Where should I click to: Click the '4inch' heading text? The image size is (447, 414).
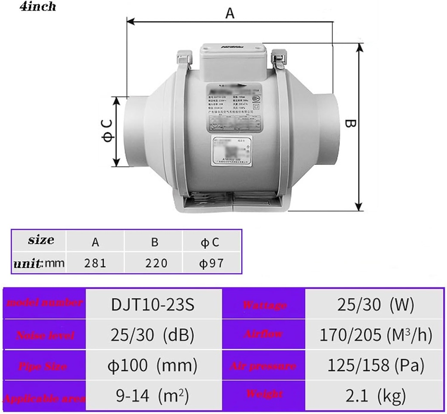point(38,7)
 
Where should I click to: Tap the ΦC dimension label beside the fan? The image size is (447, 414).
point(108,131)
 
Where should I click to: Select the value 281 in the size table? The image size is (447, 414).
point(96,263)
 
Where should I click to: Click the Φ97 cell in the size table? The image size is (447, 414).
point(212,263)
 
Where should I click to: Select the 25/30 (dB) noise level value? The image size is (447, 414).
point(152,335)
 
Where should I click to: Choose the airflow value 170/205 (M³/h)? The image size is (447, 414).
point(375,335)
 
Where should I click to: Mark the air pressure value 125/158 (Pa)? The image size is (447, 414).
point(375,365)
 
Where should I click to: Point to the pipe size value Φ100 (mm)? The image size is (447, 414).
point(152,365)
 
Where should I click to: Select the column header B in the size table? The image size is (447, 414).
point(154,241)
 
